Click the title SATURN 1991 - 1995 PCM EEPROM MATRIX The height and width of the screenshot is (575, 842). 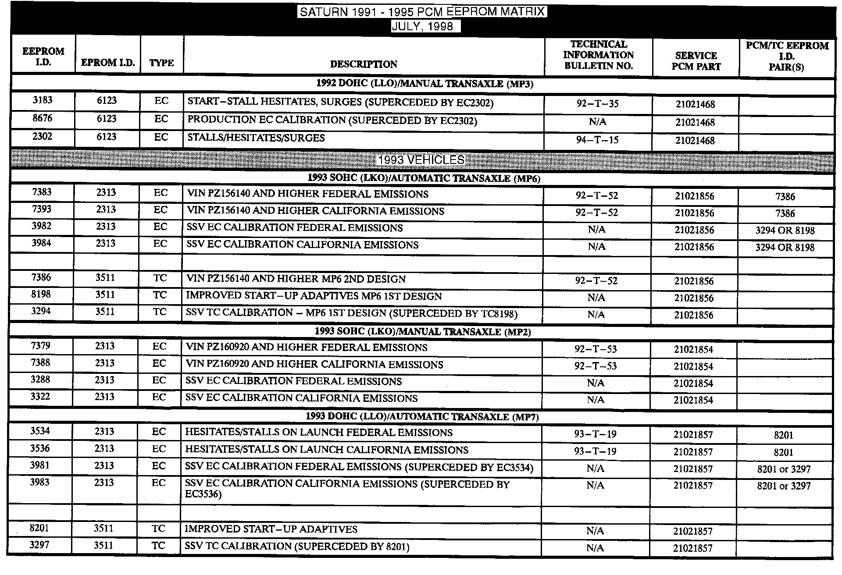422,12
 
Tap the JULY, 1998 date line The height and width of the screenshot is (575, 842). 422,26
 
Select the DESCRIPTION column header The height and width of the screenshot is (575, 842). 364,64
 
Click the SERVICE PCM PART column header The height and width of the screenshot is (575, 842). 696,61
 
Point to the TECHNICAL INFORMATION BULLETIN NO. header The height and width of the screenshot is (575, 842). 598,55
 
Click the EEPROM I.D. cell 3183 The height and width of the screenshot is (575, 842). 43,100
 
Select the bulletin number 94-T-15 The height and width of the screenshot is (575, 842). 597,140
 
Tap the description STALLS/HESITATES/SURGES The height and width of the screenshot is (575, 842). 256,138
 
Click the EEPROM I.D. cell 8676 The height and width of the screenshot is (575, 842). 43,118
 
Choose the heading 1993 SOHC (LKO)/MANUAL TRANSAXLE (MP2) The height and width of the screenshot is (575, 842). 422,332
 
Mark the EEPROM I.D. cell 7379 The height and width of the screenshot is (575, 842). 40,346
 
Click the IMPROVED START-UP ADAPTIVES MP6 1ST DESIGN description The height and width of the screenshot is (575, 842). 314,296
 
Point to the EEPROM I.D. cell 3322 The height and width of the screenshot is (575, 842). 40,397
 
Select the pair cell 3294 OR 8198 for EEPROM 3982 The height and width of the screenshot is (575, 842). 785,231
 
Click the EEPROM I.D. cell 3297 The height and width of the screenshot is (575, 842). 39,545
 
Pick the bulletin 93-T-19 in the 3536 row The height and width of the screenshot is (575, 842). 595,451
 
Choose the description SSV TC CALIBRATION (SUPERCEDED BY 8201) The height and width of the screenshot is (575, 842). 297,547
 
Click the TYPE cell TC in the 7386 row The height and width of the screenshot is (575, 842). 160,278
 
